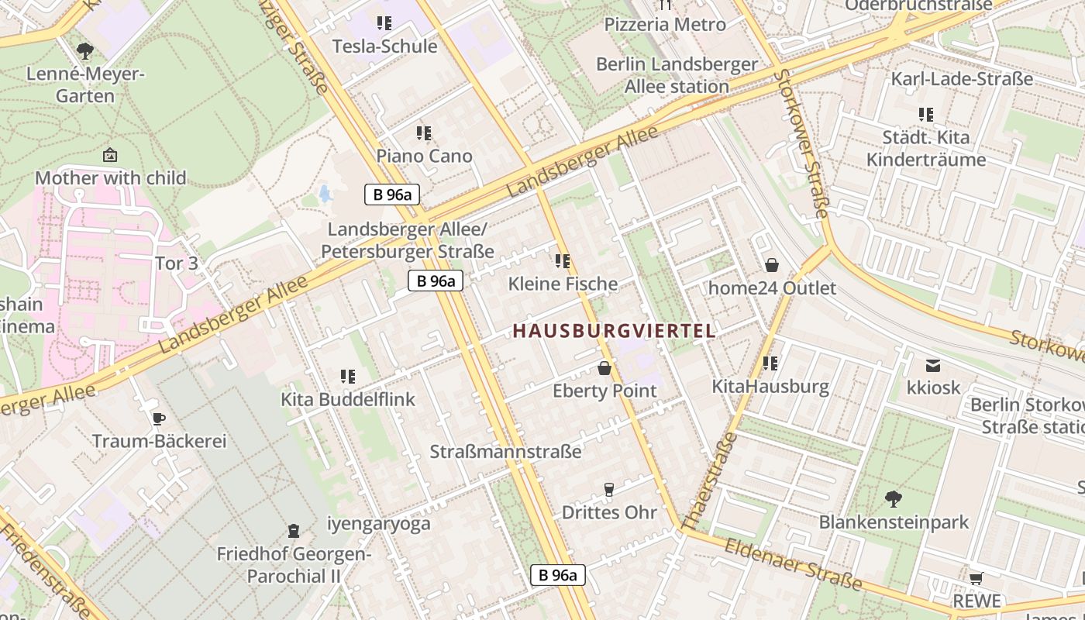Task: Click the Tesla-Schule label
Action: pyautogui.click(x=384, y=46)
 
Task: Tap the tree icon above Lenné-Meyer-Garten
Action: pyautogui.click(x=85, y=52)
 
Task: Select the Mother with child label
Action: pyautogui.click(x=111, y=178)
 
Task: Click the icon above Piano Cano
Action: pyautogui.click(x=423, y=133)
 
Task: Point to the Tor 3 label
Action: pyautogui.click(x=177, y=263)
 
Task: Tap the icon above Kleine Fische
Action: pyautogui.click(x=563, y=261)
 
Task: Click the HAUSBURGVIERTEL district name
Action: pyautogui.click(x=614, y=331)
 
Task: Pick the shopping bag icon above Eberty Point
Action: pyautogui.click(x=604, y=368)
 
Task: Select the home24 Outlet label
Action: pyautogui.click(x=773, y=288)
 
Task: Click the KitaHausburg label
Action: pyautogui.click(x=770, y=386)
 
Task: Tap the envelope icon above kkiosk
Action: pyautogui.click(x=933, y=365)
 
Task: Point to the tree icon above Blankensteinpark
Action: pyautogui.click(x=894, y=498)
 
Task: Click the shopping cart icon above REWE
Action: pyautogui.click(x=976, y=578)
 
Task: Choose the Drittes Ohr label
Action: pyautogui.click(x=609, y=512)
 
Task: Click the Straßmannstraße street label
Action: pyautogui.click(x=505, y=452)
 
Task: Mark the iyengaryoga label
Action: pyautogui.click(x=378, y=524)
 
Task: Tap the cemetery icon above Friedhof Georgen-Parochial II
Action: pyautogui.click(x=294, y=531)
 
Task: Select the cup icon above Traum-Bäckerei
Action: pyautogui.click(x=159, y=419)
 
